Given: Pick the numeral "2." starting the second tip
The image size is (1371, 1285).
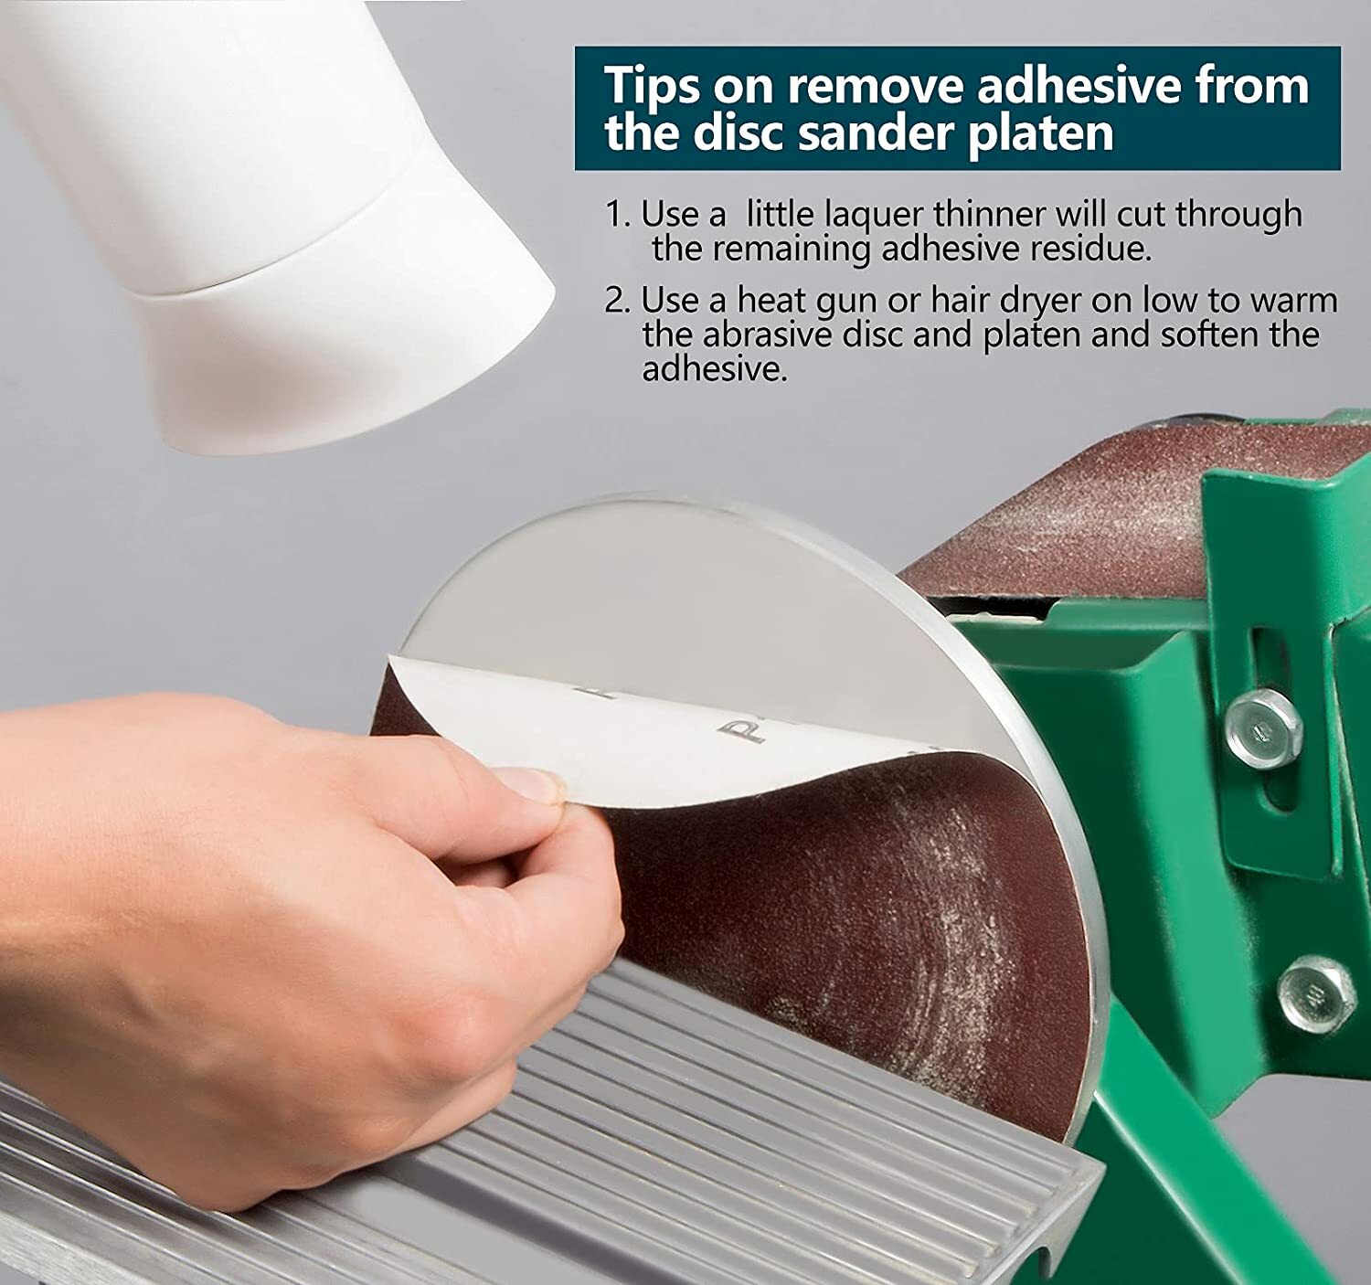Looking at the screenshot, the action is tap(617, 301).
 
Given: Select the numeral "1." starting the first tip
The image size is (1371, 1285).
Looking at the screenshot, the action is tap(617, 214).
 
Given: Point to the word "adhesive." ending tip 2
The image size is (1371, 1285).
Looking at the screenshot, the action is tap(715, 368).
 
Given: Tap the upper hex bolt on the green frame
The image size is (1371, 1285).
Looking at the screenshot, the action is tap(1263, 728).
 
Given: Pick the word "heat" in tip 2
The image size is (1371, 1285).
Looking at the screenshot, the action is tap(773, 301).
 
